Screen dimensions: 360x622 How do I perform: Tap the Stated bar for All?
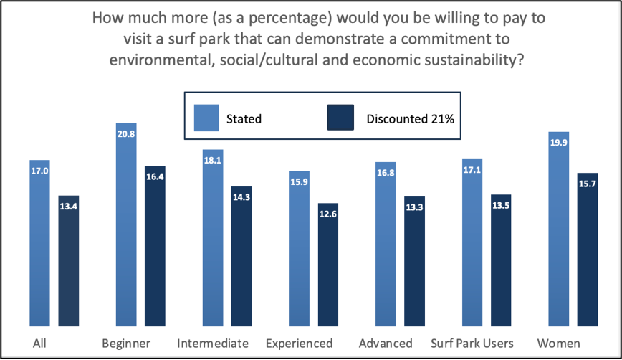(40, 244)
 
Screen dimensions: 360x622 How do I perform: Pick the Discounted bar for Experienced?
(328, 265)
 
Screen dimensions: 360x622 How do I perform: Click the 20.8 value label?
(126, 133)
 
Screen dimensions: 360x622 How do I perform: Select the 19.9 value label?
(558, 141)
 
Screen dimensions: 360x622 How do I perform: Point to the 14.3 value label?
(241, 196)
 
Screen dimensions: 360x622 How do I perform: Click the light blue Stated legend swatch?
(206, 118)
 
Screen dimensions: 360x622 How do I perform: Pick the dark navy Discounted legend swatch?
(340, 118)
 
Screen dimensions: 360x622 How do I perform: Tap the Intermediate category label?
(213, 343)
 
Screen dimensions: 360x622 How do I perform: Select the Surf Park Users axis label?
(471, 343)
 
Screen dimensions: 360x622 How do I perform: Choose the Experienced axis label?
(299, 343)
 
